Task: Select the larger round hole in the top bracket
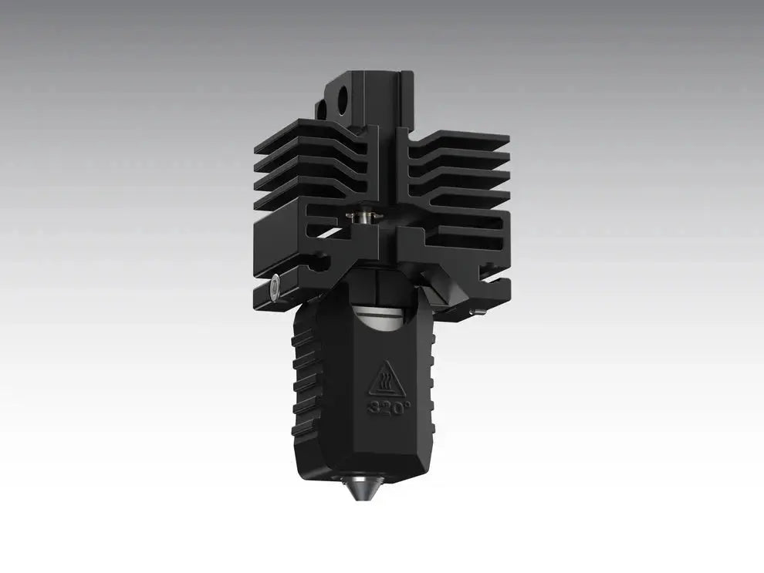point(341,99)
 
